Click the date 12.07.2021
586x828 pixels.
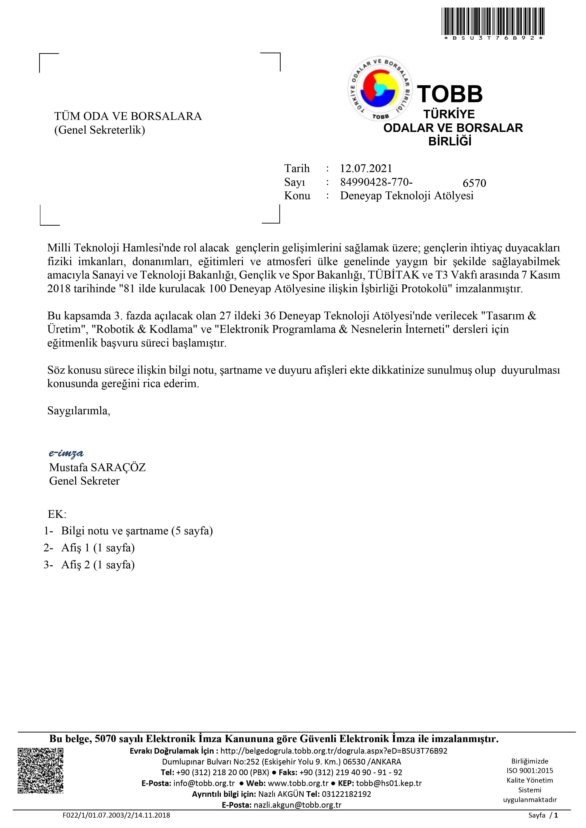click(366, 169)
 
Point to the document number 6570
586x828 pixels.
click(474, 183)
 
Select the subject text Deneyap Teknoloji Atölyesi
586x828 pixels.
click(407, 196)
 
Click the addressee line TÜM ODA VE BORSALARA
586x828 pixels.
click(128, 117)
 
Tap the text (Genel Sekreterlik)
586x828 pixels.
click(100, 130)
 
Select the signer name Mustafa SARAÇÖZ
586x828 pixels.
click(97, 467)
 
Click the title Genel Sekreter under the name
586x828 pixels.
click(84, 481)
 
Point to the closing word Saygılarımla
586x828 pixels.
click(79, 410)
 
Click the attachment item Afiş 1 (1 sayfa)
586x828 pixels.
click(98, 548)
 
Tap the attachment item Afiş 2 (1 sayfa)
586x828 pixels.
click(98, 565)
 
